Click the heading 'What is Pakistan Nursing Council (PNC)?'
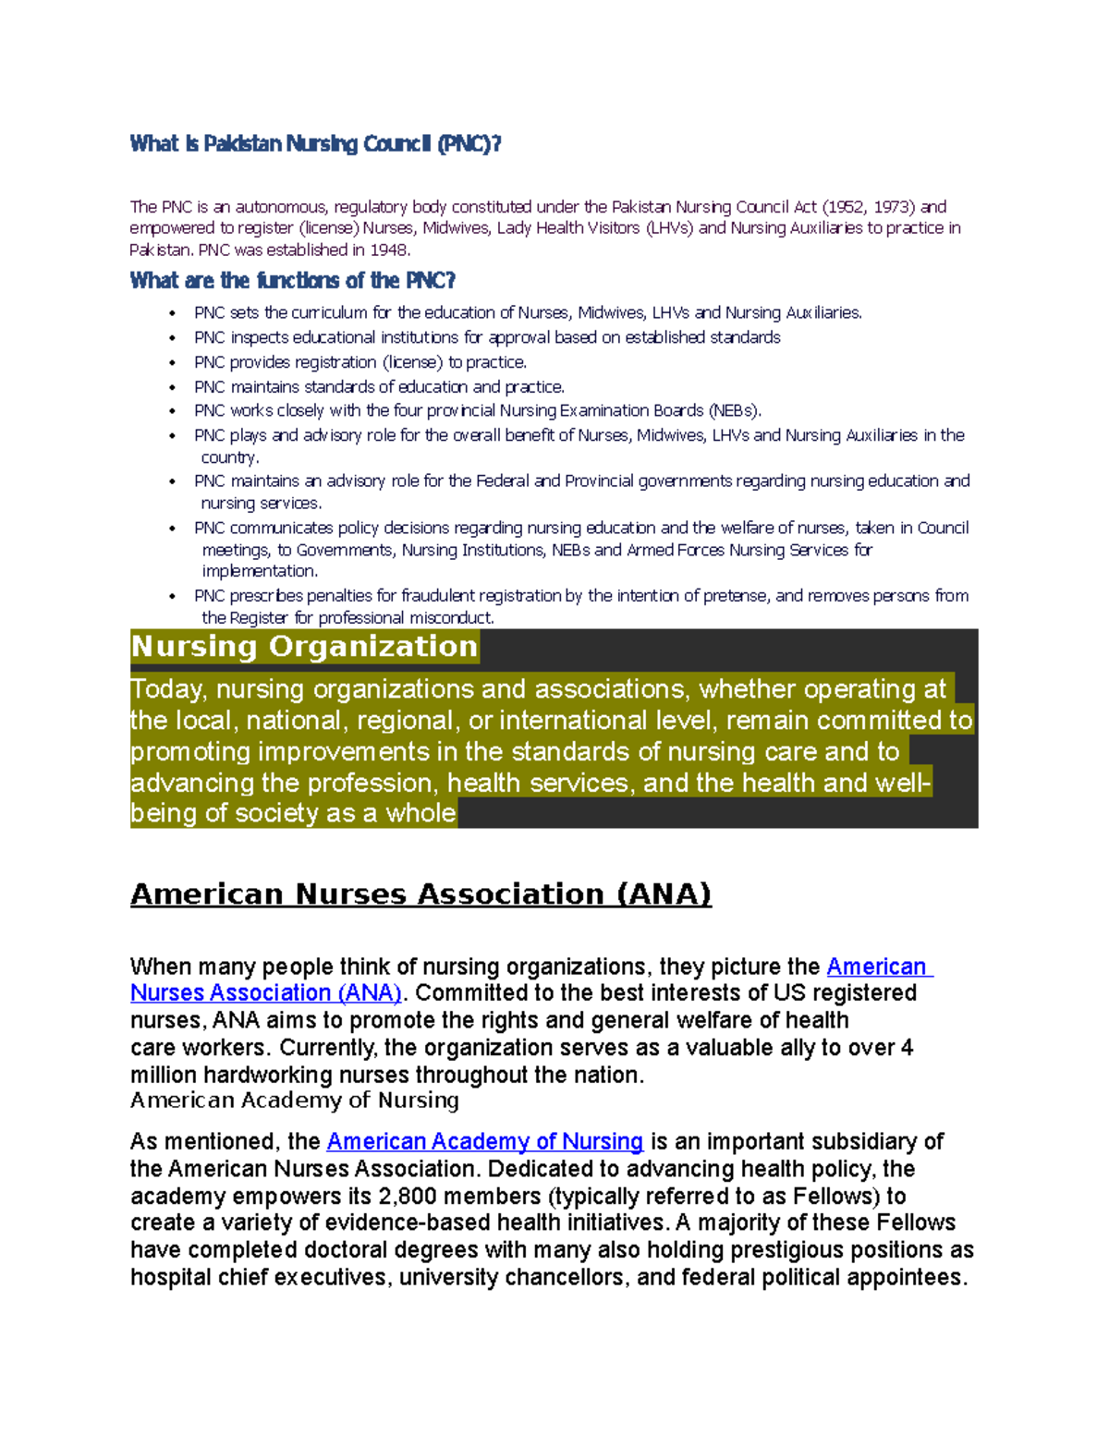click(315, 144)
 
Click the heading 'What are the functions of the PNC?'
click(293, 281)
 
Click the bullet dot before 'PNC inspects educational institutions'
click(173, 338)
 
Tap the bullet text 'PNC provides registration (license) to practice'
click(360, 362)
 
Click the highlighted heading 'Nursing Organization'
click(304, 646)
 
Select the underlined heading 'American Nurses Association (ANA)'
click(420, 894)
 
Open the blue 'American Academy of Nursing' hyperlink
click(484, 1142)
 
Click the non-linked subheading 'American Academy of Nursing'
click(294, 1101)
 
